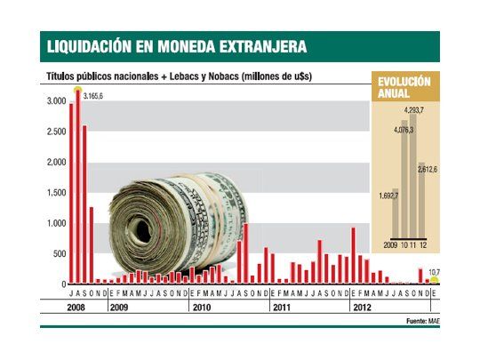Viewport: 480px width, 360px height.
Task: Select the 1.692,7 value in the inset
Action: point(389,194)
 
